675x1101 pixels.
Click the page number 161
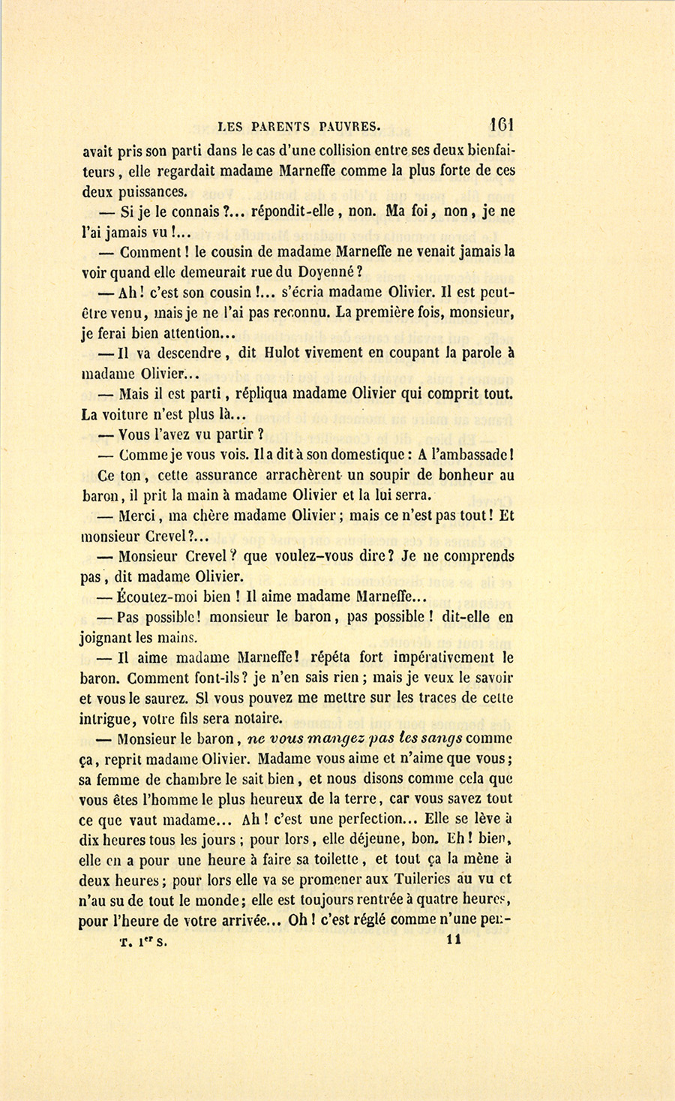coord(501,125)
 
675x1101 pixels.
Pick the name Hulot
coord(282,353)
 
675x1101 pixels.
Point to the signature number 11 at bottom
coord(454,940)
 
